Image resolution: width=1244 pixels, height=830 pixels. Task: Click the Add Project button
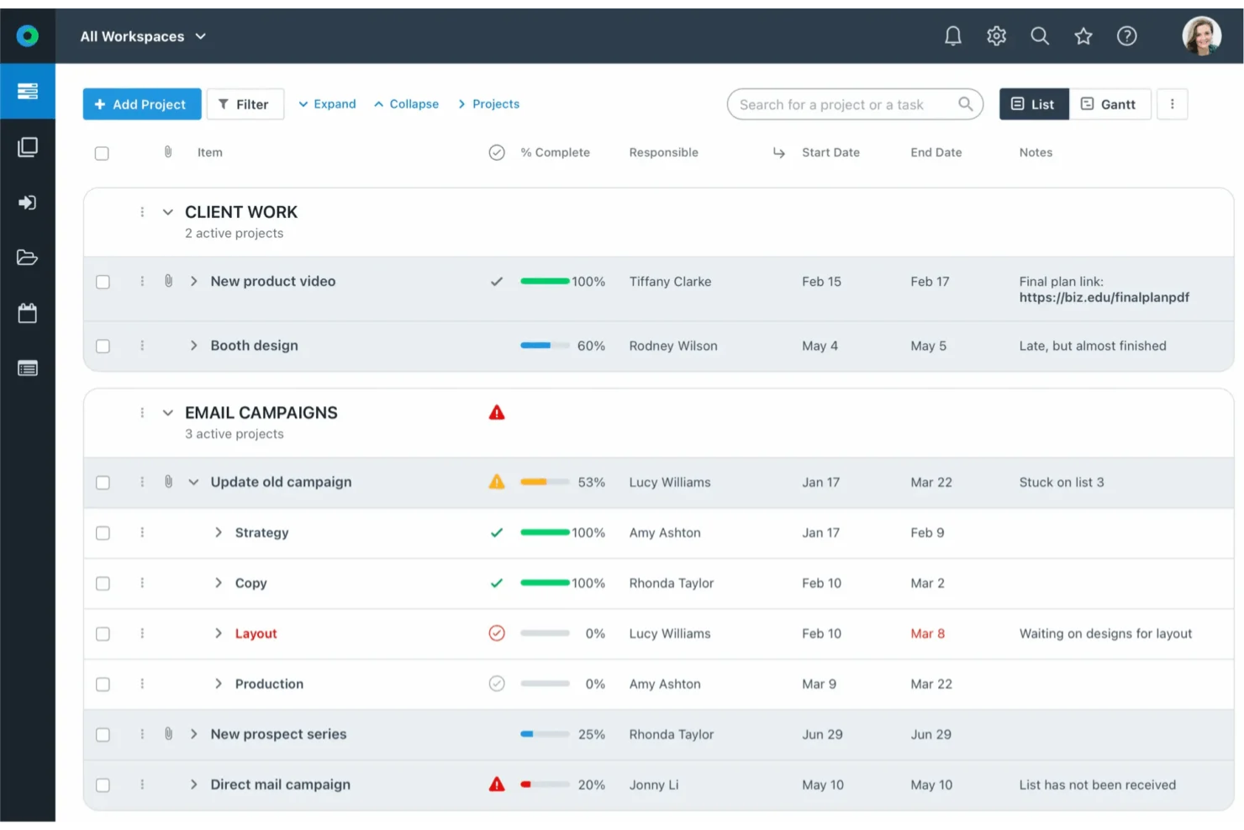[141, 104]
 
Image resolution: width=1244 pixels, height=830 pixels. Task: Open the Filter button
[245, 104]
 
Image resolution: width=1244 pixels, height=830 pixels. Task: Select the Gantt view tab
[1109, 104]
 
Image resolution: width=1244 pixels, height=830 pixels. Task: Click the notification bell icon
[952, 36]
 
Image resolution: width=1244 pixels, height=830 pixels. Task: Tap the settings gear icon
[996, 36]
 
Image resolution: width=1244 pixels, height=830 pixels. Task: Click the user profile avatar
[1201, 36]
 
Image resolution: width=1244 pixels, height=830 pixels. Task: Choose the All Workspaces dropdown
[143, 36]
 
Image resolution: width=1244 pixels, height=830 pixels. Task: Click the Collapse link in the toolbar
[407, 104]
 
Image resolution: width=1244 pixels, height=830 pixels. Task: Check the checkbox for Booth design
[103, 346]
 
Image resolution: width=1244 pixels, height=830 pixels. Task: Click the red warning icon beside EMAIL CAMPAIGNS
[497, 413]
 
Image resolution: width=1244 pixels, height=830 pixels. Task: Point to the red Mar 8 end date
[927, 633]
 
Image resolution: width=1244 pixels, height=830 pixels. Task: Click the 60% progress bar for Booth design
[545, 346]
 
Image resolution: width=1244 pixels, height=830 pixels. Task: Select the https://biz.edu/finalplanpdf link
[1104, 298]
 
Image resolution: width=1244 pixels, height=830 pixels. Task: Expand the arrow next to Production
[219, 684]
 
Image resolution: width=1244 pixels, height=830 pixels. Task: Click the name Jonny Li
[653, 785]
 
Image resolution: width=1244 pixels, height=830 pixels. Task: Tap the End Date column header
[936, 152]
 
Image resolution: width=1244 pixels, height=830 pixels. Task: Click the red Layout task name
[256, 633]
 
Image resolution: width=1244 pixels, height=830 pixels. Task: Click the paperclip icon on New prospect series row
[168, 734]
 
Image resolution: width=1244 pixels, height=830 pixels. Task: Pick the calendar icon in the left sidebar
[28, 314]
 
